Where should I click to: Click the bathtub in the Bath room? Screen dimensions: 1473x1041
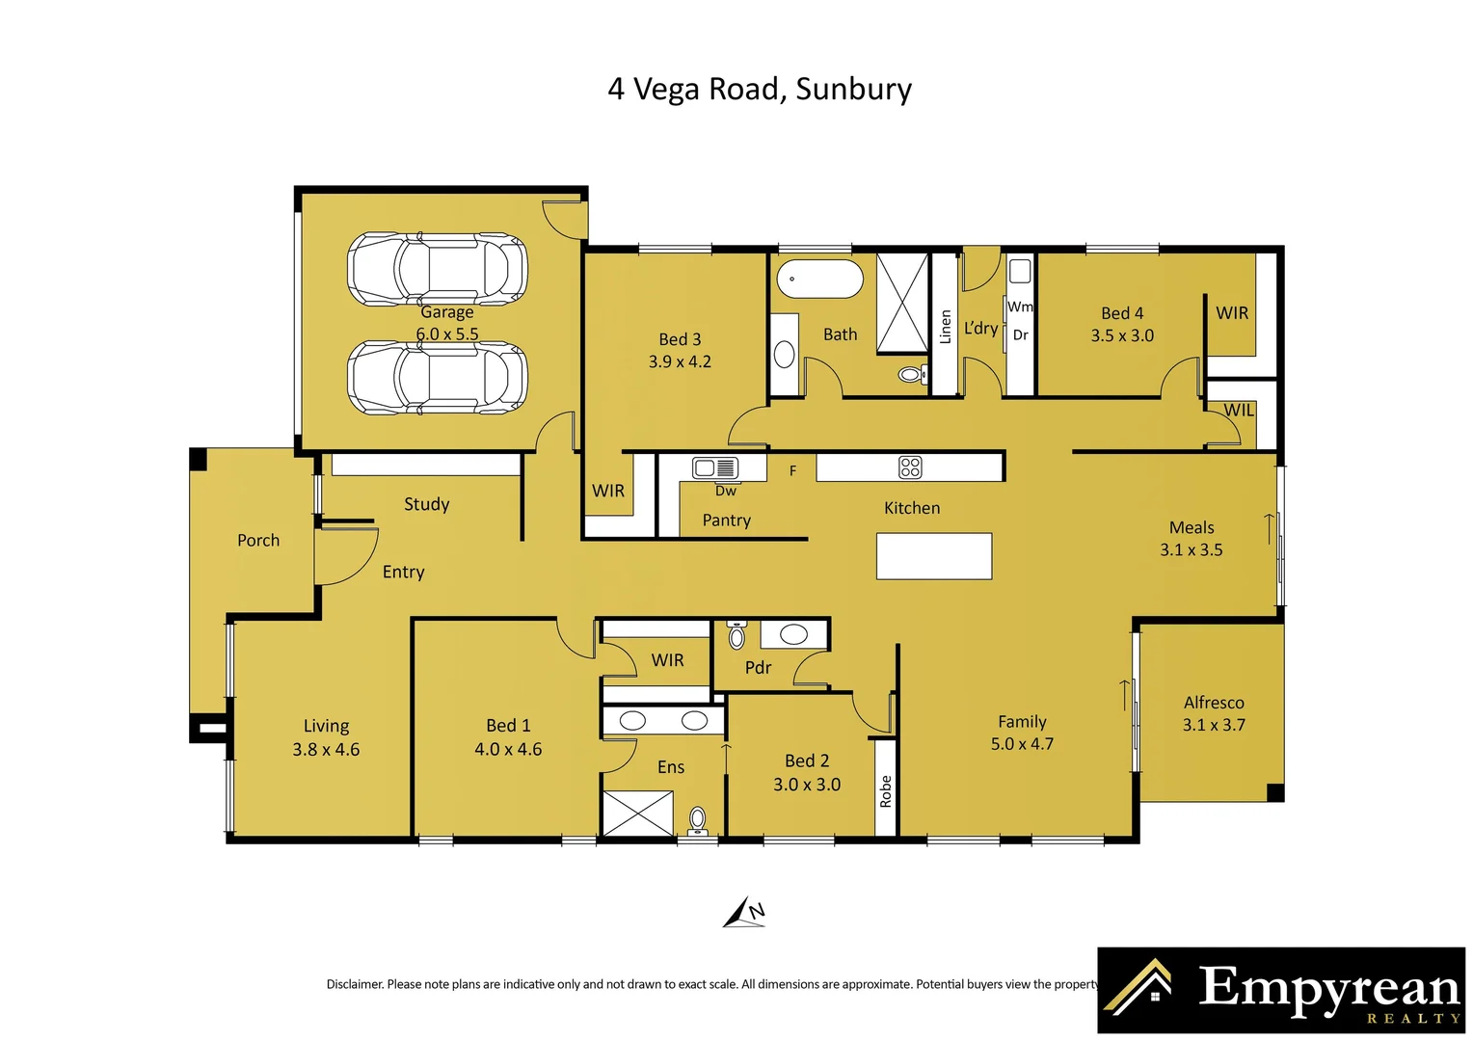tap(819, 279)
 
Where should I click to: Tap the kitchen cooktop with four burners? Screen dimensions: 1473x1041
tap(910, 467)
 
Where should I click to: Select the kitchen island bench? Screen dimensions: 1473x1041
tap(934, 556)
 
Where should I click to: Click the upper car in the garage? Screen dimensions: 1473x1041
tap(438, 269)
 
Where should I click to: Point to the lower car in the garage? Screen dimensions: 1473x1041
tap(438, 378)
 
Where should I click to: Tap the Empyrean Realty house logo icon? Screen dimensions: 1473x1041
tap(1138, 984)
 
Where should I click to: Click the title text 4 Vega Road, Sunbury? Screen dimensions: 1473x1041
tap(760, 90)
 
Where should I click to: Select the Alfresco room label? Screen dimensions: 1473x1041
tap(1214, 703)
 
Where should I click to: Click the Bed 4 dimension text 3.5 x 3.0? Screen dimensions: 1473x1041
tap(1122, 335)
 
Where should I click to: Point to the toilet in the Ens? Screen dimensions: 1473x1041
tap(698, 822)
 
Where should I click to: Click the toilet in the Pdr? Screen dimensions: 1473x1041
tap(736, 634)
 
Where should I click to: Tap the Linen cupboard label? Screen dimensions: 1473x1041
tap(946, 327)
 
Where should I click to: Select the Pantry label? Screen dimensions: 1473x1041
tap(727, 520)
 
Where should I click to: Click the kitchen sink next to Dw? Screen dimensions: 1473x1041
tap(714, 468)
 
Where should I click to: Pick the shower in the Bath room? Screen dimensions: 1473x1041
tap(902, 304)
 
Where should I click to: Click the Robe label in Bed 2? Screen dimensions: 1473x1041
tap(886, 791)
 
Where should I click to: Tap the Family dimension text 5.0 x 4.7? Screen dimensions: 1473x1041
tap(1022, 744)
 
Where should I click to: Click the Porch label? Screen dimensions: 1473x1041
tap(258, 540)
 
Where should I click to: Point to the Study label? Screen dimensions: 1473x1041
tap(427, 504)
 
